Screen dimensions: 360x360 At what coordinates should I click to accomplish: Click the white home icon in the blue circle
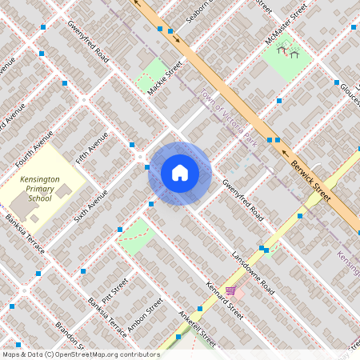coord(180,173)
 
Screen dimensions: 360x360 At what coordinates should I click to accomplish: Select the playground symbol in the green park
coord(288,52)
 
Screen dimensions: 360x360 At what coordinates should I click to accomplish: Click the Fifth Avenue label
coord(91,147)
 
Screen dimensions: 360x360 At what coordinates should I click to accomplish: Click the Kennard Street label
coord(223,299)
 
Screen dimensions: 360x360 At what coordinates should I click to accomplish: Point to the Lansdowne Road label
coord(252,273)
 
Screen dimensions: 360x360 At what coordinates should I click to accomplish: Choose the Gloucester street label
coord(350,96)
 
